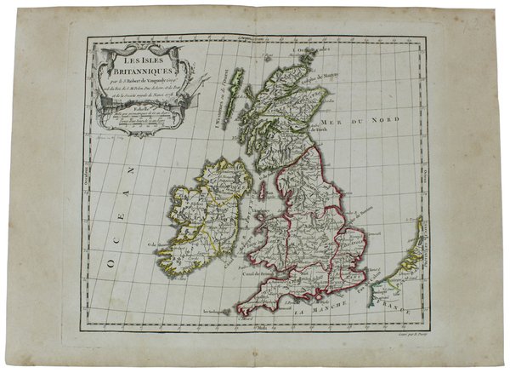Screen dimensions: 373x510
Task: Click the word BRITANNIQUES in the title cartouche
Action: coord(133,75)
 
